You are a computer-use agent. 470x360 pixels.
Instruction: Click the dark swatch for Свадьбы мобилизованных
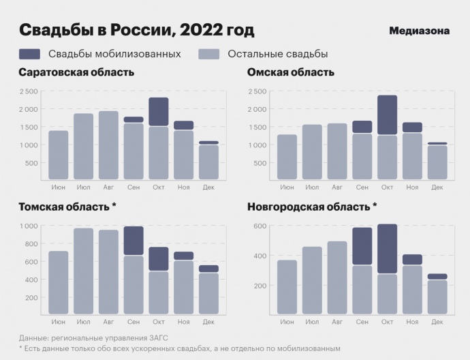click(29, 54)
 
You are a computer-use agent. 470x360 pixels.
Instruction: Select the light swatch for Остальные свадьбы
click(209, 54)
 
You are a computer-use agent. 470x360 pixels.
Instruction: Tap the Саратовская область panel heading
click(76, 72)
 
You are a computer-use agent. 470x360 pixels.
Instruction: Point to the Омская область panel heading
click(291, 72)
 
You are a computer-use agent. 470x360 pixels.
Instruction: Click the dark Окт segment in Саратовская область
click(159, 112)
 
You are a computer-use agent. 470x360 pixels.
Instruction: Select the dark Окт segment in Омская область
click(387, 115)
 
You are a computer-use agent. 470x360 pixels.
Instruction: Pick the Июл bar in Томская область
click(84, 271)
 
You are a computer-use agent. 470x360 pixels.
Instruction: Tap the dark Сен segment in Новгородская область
click(362, 246)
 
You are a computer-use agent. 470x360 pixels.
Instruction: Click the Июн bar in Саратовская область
click(59, 155)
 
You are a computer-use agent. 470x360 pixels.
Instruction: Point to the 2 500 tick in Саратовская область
click(29, 91)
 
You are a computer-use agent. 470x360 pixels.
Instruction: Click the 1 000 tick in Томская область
click(29, 226)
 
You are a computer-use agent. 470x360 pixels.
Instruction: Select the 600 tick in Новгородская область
click(260, 226)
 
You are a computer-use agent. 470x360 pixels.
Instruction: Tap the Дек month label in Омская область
click(437, 187)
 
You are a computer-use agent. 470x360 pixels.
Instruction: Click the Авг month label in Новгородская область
click(337, 321)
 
